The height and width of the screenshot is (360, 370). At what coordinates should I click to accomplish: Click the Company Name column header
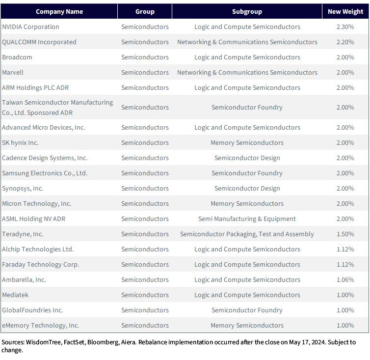point(59,12)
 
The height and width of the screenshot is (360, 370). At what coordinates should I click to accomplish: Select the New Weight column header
point(345,12)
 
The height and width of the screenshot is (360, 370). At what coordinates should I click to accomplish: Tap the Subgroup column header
point(247,12)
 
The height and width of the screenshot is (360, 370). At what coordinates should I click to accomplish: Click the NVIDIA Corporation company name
point(31,27)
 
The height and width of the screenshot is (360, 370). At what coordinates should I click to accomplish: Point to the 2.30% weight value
point(345,27)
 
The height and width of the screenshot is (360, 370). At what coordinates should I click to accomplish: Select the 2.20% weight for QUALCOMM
point(345,42)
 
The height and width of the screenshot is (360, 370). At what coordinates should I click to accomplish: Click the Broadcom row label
point(17,57)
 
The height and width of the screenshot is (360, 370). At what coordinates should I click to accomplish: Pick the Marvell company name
point(13,72)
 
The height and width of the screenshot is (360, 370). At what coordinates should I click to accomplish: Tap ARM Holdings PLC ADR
point(35,87)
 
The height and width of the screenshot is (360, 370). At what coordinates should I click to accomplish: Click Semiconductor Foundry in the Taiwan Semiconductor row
point(247,107)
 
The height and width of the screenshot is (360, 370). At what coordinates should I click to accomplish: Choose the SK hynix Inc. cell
point(20,143)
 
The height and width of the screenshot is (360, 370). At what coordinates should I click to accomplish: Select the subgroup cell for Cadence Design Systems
point(247,158)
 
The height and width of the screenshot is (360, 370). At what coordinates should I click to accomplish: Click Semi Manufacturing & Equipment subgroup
point(247,219)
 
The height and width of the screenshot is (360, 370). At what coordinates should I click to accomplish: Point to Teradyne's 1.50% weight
point(345,234)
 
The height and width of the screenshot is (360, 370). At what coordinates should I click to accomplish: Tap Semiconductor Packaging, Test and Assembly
point(247,234)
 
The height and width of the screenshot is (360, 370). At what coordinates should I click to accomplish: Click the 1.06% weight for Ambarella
point(345,279)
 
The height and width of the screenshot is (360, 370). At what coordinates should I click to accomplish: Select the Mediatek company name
point(15,295)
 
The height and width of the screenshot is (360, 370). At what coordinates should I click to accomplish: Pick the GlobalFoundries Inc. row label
point(32,310)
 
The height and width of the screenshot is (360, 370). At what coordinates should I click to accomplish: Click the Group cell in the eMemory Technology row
point(145,325)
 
